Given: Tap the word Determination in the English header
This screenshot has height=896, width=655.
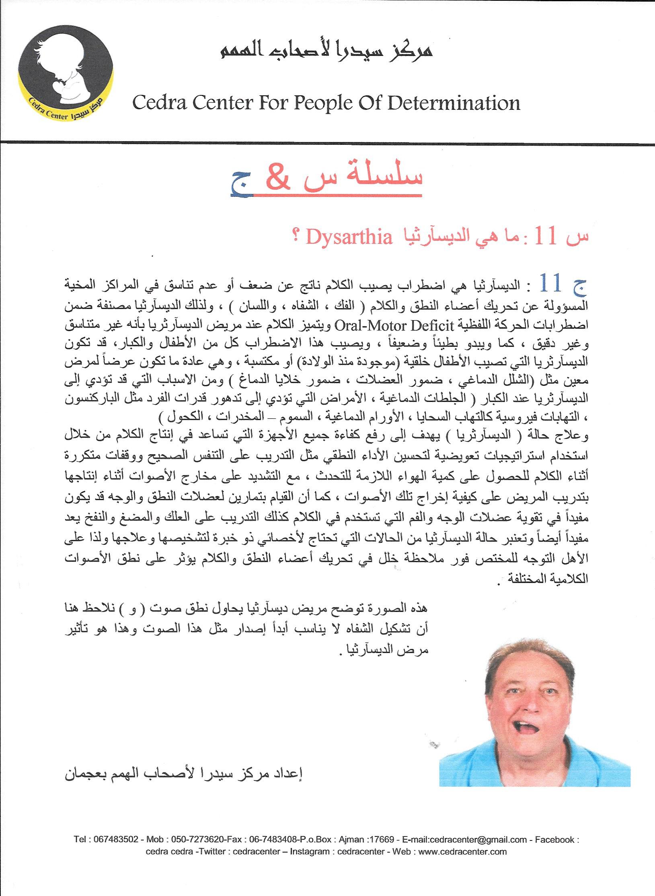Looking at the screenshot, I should (x=454, y=103).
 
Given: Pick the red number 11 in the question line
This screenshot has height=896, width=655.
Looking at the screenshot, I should (x=545, y=237).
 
